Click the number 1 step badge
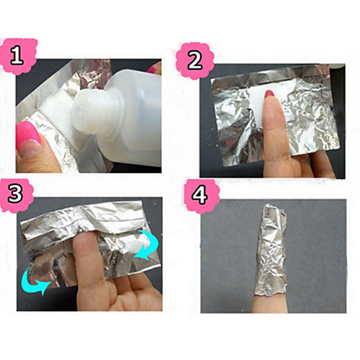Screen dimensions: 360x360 19,55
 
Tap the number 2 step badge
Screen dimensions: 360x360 194,60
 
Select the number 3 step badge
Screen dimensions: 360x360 16,194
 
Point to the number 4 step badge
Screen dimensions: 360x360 200,196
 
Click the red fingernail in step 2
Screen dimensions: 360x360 269,96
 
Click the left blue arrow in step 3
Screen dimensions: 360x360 35,280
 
